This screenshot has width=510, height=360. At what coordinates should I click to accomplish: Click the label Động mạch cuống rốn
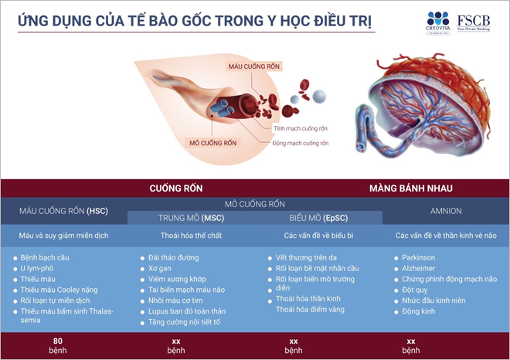point(301,143)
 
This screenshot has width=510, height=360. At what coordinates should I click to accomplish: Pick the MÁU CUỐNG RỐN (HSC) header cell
point(64,210)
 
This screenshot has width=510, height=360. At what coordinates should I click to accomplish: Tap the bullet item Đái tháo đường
point(175,257)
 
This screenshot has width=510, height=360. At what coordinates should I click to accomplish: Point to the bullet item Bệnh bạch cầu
point(46,257)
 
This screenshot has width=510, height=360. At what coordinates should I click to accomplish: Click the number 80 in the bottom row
point(57,341)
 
